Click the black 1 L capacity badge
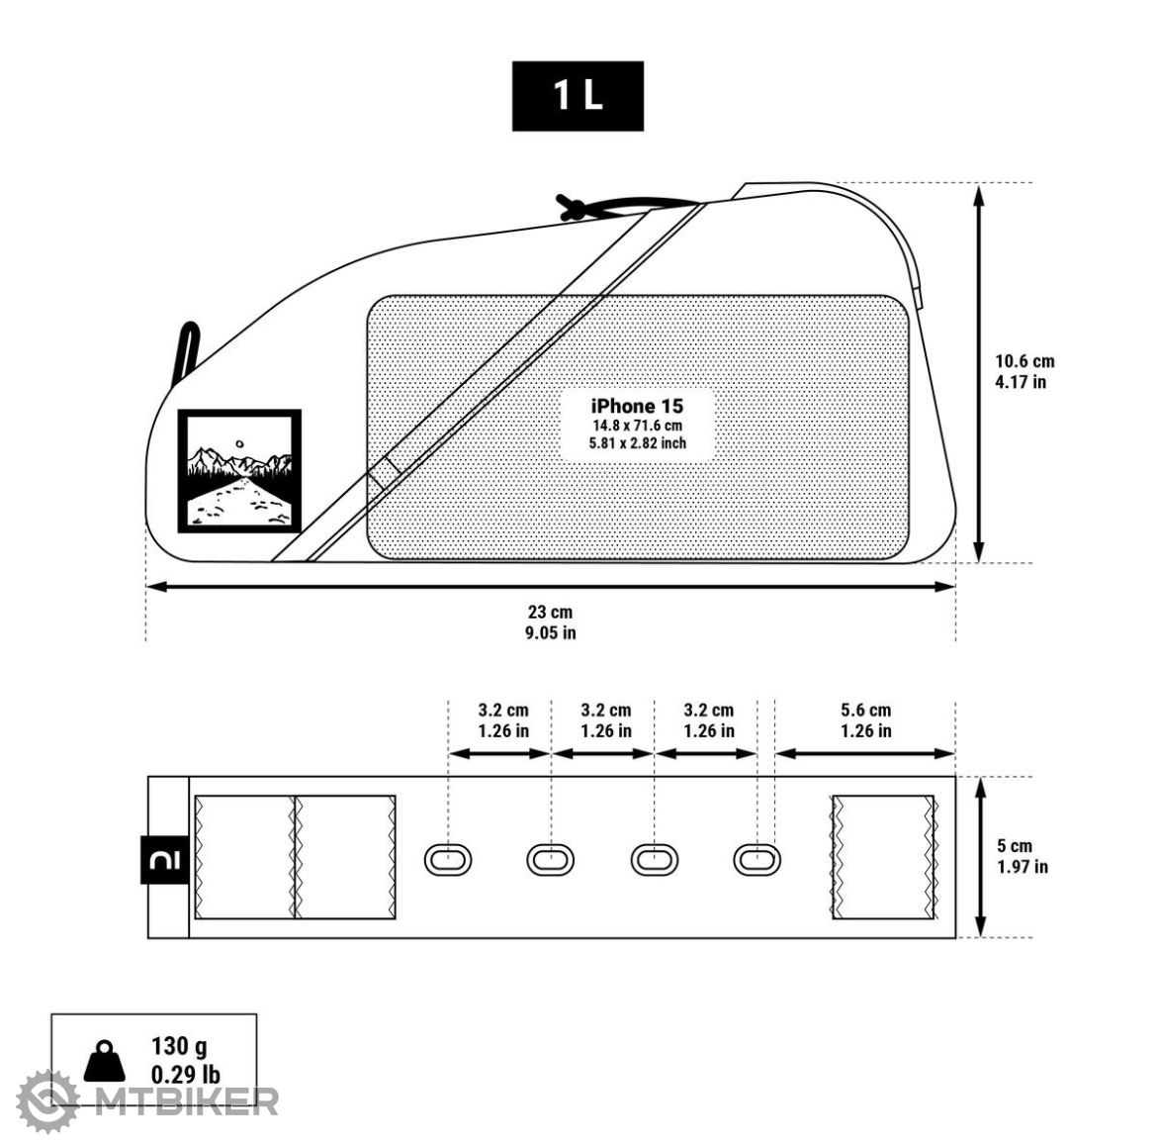(578, 96)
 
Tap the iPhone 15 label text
(637, 406)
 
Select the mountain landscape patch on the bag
(239, 471)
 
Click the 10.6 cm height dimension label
(1024, 361)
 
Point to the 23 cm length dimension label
(550, 613)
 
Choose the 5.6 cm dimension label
(865, 710)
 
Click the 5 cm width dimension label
(1015, 846)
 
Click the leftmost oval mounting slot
(448, 859)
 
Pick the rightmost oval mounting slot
(756, 859)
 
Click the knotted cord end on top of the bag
(571, 207)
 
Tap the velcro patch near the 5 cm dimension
(883, 857)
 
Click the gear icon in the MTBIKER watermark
(47, 1099)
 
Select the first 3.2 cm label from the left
(503, 710)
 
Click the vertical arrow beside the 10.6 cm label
(979, 373)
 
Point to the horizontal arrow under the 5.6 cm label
(865, 753)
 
